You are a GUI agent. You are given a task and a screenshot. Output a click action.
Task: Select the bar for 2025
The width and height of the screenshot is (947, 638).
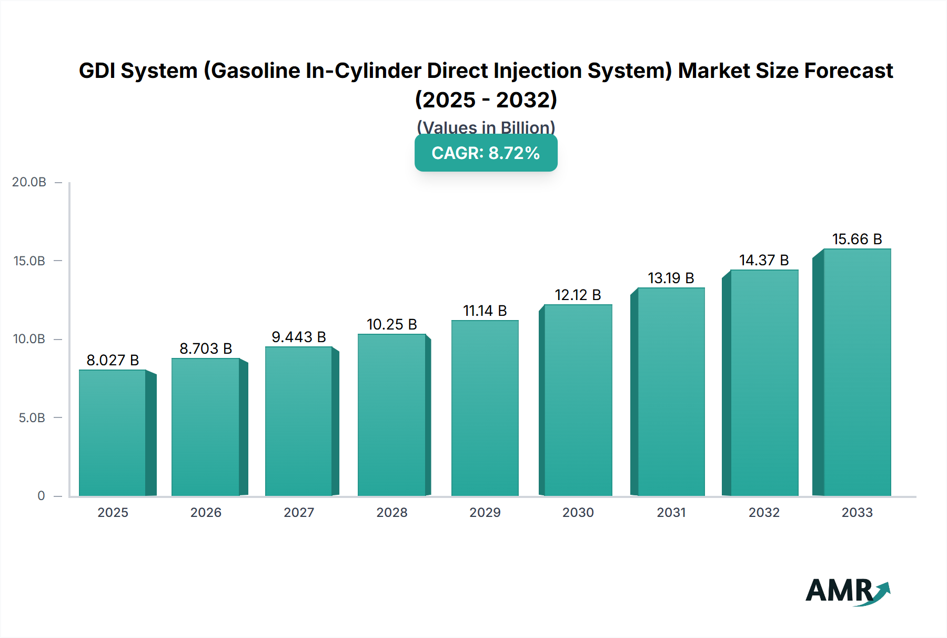pos(113,433)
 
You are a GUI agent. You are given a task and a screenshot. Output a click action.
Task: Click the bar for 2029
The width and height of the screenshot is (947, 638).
pos(485,408)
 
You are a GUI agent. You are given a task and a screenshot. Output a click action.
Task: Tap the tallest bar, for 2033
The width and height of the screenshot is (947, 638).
pos(857,372)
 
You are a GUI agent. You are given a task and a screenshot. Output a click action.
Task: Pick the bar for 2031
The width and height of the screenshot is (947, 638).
pos(671,392)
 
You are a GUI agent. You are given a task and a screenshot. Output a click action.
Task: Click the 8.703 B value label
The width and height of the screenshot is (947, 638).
pos(206,348)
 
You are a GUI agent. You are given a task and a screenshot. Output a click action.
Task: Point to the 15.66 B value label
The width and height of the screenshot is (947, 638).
pos(857,239)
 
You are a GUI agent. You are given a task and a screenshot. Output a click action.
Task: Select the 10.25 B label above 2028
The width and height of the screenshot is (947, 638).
pos(391,324)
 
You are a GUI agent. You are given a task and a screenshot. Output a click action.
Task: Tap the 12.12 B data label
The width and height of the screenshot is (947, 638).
pos(578,295)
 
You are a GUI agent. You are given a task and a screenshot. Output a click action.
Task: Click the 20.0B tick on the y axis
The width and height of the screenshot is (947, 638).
pos(29,182)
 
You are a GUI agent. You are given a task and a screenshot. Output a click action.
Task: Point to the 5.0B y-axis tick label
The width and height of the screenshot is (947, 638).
pos(32,418)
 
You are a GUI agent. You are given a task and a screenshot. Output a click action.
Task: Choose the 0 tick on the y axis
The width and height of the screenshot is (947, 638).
pos(41,496)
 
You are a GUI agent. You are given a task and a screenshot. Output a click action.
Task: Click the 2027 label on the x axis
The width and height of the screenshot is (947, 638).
pos(299,512)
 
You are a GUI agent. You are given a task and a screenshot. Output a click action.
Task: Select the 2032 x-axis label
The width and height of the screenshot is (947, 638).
pos(764,512)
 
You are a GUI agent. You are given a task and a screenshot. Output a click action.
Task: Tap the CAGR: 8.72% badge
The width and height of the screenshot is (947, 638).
pos(486,153)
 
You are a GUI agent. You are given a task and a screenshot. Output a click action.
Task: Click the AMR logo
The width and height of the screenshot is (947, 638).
pos(847,591)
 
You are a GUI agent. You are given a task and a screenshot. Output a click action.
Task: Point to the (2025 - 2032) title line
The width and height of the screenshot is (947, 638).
pos(486,99)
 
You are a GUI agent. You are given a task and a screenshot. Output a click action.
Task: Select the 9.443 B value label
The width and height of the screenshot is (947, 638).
pos(299,337)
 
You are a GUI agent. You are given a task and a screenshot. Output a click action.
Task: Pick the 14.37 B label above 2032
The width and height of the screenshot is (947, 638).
pos(764,260)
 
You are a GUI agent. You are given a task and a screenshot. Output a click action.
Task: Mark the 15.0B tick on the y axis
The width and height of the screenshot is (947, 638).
pos(29,261)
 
